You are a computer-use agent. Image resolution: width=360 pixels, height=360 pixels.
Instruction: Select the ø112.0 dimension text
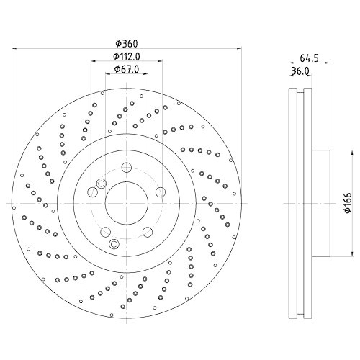pyautogui.click(x=126, y=56)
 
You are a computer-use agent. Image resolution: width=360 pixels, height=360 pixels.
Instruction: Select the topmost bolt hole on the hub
pyautogui.click(x=127, y=167)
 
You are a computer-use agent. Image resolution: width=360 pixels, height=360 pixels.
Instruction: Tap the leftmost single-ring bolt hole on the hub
pyautogui.click(x=91, y=192)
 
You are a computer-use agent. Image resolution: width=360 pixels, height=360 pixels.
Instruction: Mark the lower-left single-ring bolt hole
pyautogui.click(x=105, y=232)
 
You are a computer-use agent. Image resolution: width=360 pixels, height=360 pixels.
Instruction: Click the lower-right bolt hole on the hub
pyautogui.click(x=148, y=232)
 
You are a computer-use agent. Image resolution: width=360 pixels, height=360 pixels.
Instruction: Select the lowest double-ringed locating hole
pyautogui.click(x=113, y=244)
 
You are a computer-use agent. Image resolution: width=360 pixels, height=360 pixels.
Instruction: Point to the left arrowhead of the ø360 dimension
pyautogui.click(x=16, y=49)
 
